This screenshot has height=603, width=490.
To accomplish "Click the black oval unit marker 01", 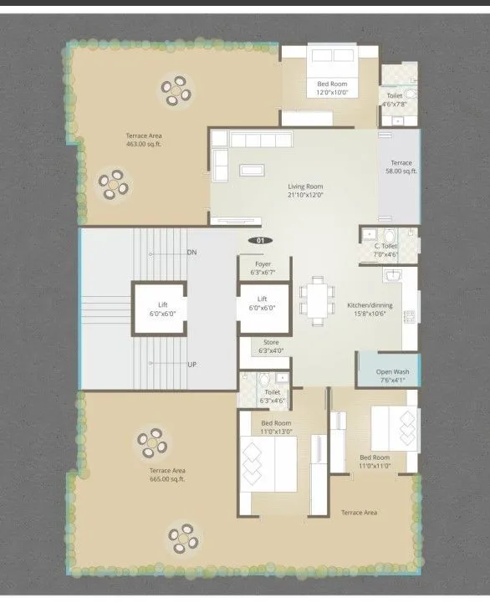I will click(x=260, y=241).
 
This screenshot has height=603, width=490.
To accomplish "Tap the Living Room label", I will click(x=306, y=187).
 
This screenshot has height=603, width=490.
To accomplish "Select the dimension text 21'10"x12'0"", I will click(x=306, y=195).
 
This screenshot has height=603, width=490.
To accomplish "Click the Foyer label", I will click(x=263, y=263).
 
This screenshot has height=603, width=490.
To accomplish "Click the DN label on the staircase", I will click(x=191, y=252).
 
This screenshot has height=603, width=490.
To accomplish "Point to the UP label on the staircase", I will click(x=191, y=365).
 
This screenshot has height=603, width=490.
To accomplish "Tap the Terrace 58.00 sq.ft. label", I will click(x=400, y=166).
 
